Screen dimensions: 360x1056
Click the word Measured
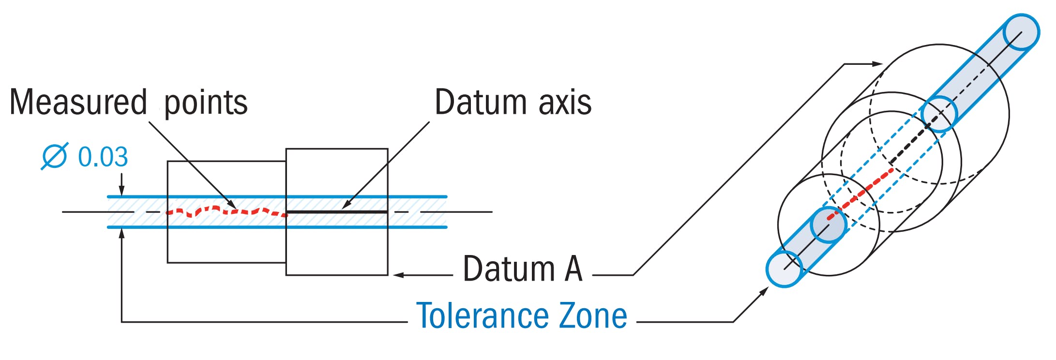77,103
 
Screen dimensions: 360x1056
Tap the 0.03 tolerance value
103,157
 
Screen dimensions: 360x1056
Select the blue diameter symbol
54,156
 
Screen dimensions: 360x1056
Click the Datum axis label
513,103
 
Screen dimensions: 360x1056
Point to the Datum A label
522,269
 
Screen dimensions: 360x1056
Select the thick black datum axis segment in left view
337,212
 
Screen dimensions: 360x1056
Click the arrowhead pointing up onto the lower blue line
122,233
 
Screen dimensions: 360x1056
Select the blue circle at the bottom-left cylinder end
784,269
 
